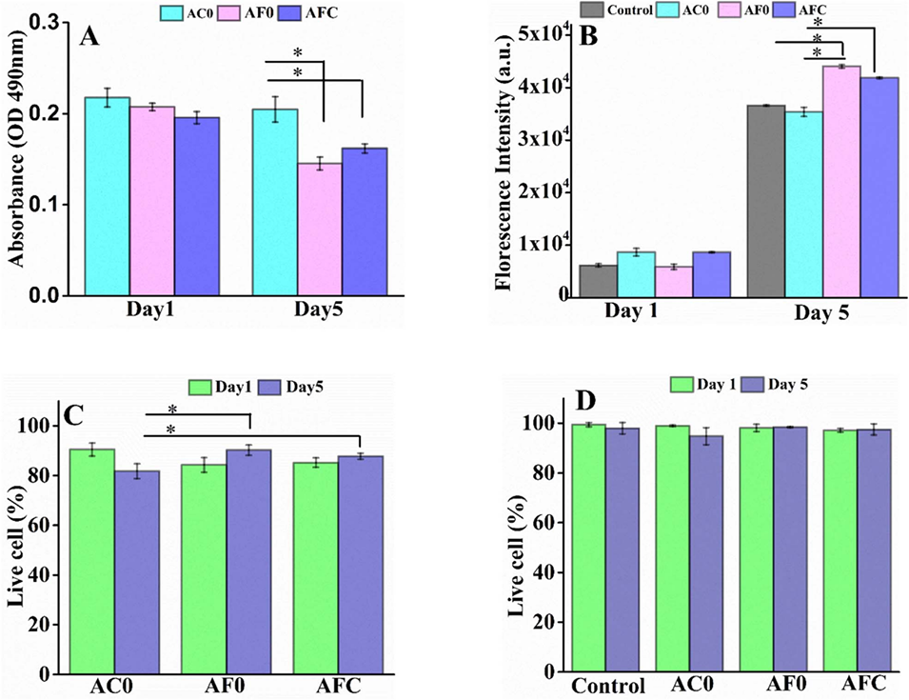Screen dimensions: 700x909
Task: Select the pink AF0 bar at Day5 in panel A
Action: (x=319, y=229)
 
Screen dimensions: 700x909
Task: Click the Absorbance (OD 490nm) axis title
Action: (x=16, y=157)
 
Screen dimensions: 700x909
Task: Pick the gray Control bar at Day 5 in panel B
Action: (x=766, y=200)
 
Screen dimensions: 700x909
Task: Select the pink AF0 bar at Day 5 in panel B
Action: (x=841, y=181)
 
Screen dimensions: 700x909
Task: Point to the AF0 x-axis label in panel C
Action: (x=226, y=687)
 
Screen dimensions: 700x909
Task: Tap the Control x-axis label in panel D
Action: (x=609, y=687)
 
